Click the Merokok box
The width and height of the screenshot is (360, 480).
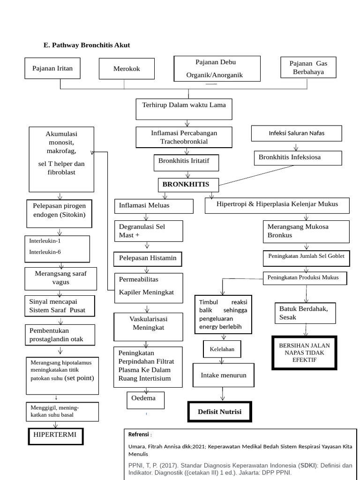[127, 69]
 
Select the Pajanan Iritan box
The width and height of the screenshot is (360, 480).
[52, 68]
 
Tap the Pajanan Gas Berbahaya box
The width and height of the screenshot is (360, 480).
[307, 67]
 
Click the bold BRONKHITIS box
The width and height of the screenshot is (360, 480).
[186, 184]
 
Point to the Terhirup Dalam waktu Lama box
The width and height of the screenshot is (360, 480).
[184, 105]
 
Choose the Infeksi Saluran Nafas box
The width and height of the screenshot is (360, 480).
[296, 133]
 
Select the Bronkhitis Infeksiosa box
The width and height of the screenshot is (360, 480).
[298, 157]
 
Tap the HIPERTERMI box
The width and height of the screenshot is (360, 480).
[55, 435]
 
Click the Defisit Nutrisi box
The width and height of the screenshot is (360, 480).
[219, 412]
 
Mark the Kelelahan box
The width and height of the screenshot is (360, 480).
[222, 349]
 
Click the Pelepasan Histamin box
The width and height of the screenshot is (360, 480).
[147, 258]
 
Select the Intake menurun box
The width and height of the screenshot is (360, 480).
[224, 376]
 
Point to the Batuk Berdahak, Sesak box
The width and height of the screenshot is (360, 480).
[305, 313]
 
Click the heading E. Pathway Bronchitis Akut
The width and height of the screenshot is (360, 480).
[87, 45]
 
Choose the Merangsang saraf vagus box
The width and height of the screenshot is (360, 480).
[60, 278]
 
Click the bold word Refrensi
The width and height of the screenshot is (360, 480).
[139, 435]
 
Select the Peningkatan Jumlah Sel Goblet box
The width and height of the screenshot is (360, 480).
[306, 256]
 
